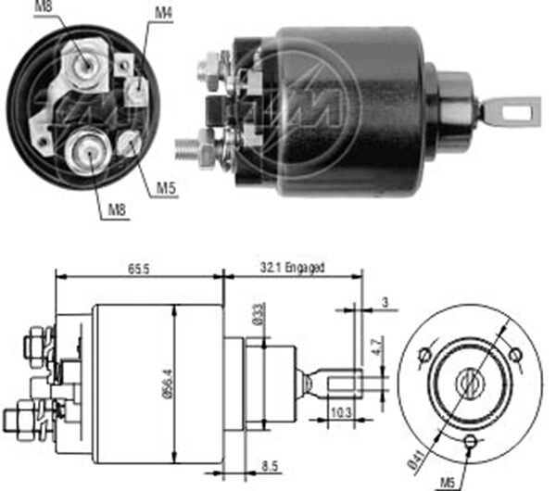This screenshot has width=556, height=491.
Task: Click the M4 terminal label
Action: pyautogui.click(x=163, y=12)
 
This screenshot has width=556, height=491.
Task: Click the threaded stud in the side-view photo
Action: pyautogui.click(x=190, y=145)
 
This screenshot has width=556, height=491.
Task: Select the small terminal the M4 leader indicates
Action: pyautogui.click(x=137, y=88)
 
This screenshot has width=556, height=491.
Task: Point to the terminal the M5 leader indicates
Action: pyautogui.click(x=130, y=143)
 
